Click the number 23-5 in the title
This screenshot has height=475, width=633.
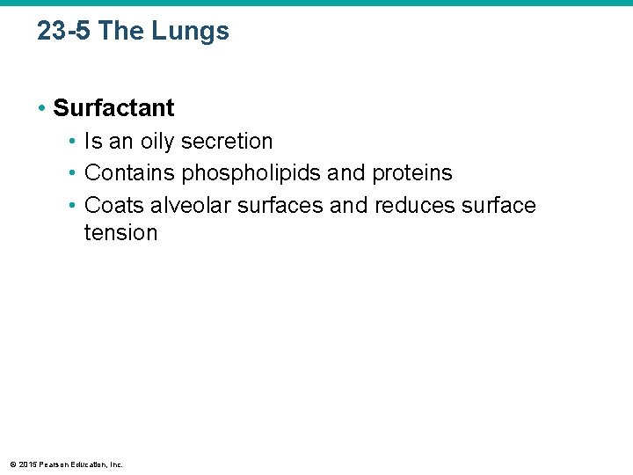(x=64, y=32)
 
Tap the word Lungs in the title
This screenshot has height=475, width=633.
(x=190, y=32)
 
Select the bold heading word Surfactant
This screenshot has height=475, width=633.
(x=113, y=108)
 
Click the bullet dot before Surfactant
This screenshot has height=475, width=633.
(x=41, y=108)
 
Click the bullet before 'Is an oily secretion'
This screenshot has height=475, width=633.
(x=73, y=141)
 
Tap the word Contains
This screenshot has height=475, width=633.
(x=129, y=173)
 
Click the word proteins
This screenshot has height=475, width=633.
(x=412, y=173)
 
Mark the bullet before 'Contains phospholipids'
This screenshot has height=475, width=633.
(x=73, y=173)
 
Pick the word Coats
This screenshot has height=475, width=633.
(x=113, y=206)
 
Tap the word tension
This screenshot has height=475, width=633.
(x=120, y=233)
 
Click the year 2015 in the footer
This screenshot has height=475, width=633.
(x=28, y=464)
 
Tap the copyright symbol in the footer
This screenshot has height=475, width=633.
(x=13, y=464)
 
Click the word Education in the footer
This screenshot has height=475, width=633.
(x=91, y=464)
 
